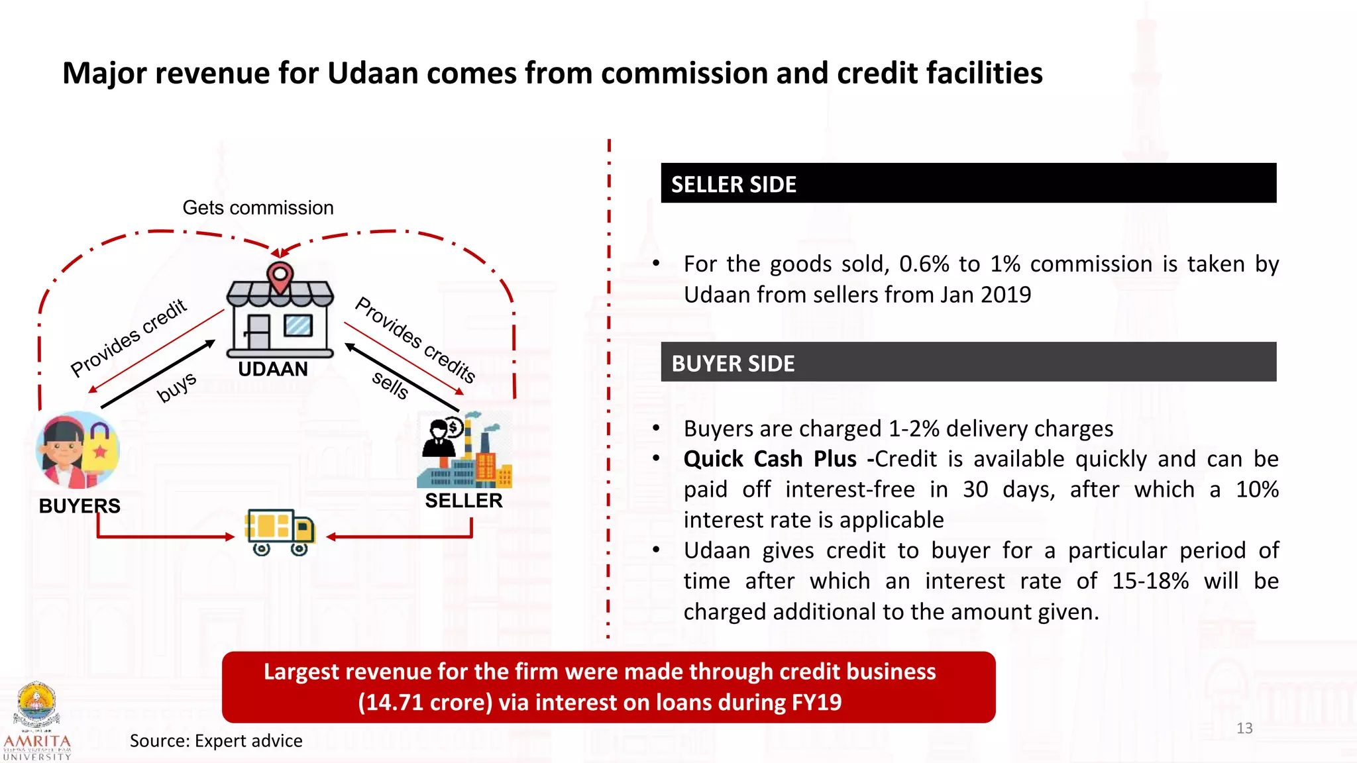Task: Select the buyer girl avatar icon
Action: pyautogui.click(x=78, y=450)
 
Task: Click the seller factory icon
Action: pyautogui.click(x=465, y=450)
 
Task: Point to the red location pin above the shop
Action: pyautogui.click(x=280, y=277)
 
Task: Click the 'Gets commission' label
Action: pyautogui.click(x=258, y=208)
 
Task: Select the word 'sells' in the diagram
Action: pyautogui.click(x=390, y=385)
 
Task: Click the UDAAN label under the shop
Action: pyautogui.click(x=273, y=369)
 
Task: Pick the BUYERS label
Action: pyautogui.click(x=80, y=506)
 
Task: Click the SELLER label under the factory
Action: pyautogui.click(x=464, y=501)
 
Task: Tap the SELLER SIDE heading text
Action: pyautogui.click(x=733, y=184)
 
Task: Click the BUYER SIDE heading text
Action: pyautogui.click(x=733, y=364)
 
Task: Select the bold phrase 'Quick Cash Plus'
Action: pyautogui.click(x=770, y=459)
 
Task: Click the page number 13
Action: pyautogui.click(x=1244, y=729)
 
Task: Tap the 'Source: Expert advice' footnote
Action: pyautogui.click(x=216, y=740)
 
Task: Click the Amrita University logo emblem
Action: pyautogui.click(x=37, y=705)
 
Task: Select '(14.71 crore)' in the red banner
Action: pyautogui.click(x=425, y=702)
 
